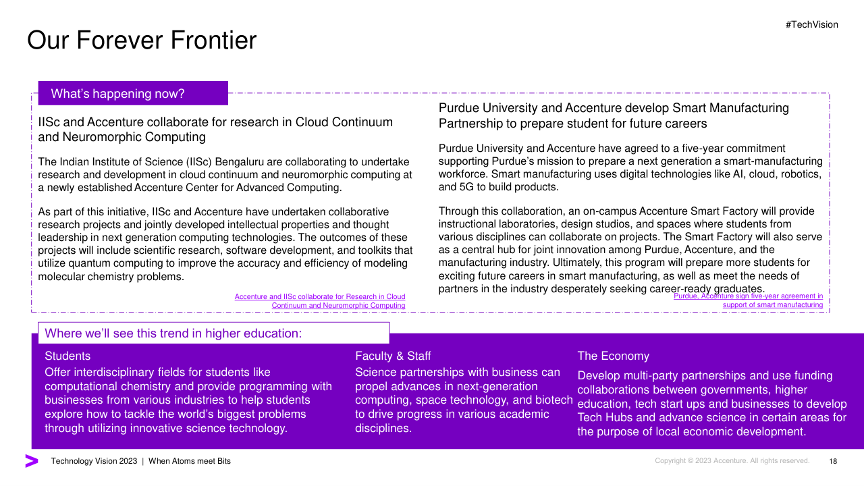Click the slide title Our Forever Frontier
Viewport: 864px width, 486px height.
pyautogui.click(x=142, y=40)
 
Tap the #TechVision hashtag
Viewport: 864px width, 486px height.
pyautogui.click(x=811, y=25)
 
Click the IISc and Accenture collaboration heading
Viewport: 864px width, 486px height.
pyautogui.click(x=215, y=130)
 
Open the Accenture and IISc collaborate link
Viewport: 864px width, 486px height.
pyautogui.click(x=320, y=301)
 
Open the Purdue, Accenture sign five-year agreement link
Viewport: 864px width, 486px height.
pyautogui.click(x=749, y=300)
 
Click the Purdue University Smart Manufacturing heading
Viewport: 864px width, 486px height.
pyautogui.click(x=614, y=115)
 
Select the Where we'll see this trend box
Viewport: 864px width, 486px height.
pyautogui.click(x=213, y=333)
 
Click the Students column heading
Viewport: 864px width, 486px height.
pyautogui.click(x=67, y=356)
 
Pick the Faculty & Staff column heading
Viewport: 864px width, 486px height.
pyautogui.click(x=393, y=356)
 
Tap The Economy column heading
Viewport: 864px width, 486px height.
pyautogui.click(x=613, y=356)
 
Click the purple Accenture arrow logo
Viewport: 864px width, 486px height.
pyautogui.click(x=32, y=461)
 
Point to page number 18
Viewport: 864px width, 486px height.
pyautogui.click(x=833, y=462)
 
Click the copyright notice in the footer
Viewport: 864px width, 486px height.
pyautogui.click(x=732, y=461)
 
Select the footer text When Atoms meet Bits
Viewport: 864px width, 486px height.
pyautogui.click(x=190, y=461)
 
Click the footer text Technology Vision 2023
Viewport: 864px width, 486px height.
pyautogui.click(x=94, y=461)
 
